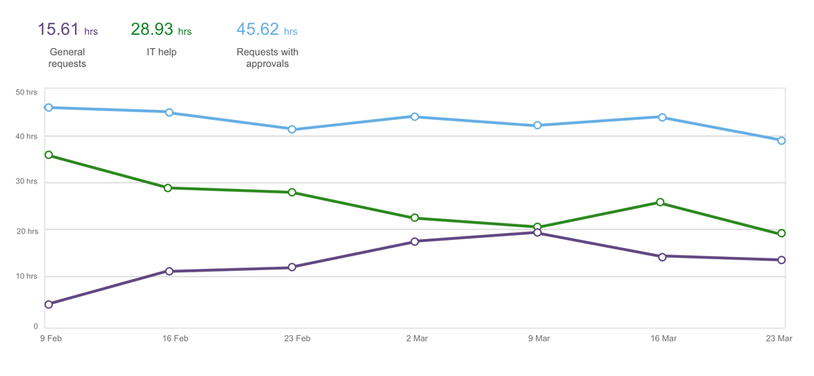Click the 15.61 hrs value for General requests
[x=68, y=30]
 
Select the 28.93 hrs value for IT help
[x=161, y=30]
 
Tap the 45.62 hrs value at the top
[x=266, y=30]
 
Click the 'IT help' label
[x=161, y=52]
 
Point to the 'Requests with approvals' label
[x=267, y=58]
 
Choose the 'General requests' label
[x=67, y=58]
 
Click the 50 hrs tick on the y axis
[x=27, y=92]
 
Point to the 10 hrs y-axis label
[x=27, y=276]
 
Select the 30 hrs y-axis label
[x=27, y=181]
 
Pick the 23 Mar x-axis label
[x=777, y=338]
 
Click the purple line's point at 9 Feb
[x=49, y=304]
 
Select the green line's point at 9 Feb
[x=49, y=155]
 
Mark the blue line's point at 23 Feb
[x=292, y=130]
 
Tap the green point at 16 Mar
[x=660, y=202]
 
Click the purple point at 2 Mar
[x=415, y=241]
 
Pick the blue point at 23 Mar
[x=781, y=140]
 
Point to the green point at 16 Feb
[x=169, y=188]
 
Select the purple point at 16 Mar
[x=662, y=257]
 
